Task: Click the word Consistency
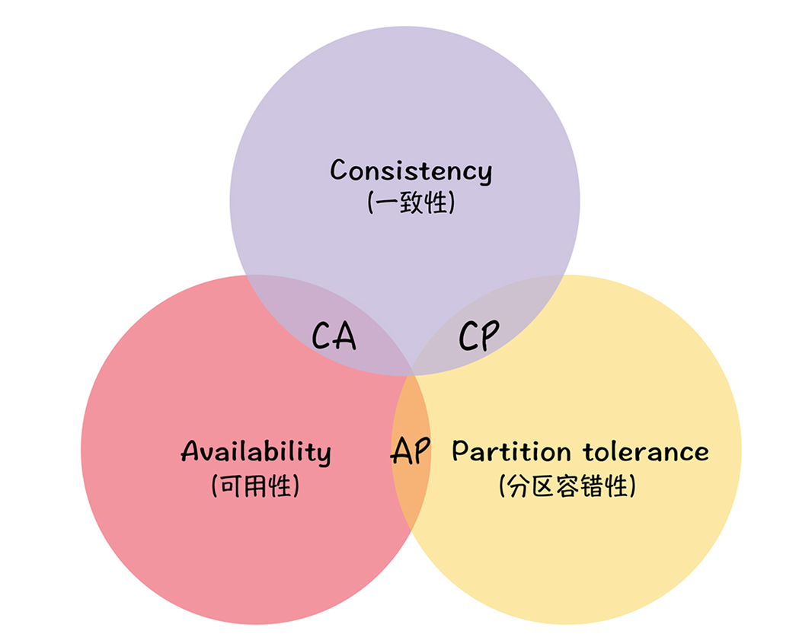pos(411,171)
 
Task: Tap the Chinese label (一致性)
pos(411,203)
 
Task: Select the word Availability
pos(256,452)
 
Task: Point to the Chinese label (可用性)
pos(256,486)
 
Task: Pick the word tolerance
pos(646,451)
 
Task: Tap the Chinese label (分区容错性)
pos(567,486)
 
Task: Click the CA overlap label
pos(334,336)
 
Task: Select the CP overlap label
pos(479,336)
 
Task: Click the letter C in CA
pos(323,336)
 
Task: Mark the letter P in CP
pos(491,336)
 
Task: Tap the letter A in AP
pos(401,451)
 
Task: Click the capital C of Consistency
pos(340,170)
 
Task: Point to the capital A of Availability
pos(191,451)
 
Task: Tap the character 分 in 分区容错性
pos(516,486)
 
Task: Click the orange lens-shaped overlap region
pos(411,487)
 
